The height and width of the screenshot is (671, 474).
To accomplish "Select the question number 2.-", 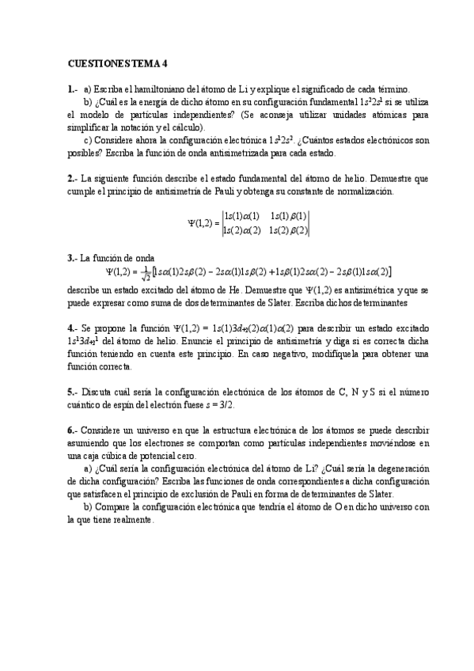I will tap(72, 179).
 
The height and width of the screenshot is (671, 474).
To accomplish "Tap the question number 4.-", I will tap(72, 327).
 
